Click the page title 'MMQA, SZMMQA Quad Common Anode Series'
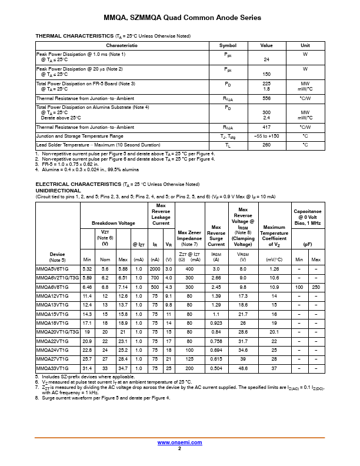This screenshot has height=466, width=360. point(180,18)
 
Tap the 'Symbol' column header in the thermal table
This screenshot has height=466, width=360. point(228,45)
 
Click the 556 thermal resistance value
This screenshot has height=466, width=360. point(266,98)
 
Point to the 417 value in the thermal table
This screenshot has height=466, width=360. point(266,127)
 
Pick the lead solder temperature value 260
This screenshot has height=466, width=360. point(266,145)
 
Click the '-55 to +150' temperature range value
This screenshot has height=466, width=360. point(266,136)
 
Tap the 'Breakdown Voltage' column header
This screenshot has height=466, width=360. point(113,223)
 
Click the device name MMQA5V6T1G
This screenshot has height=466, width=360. point(52,269)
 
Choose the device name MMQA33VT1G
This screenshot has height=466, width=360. point(52,368)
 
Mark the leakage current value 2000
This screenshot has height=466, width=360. point(155,269)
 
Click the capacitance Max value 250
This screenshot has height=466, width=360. point(316,287)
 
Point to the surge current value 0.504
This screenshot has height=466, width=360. point(216,368)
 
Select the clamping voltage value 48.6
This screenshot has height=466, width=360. point(242,368)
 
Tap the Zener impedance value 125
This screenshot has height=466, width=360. point(189,359)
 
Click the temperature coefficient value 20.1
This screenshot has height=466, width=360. point(274,332)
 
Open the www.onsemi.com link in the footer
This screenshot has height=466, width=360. point(180,442)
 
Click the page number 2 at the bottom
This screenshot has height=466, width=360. point(180,448)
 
